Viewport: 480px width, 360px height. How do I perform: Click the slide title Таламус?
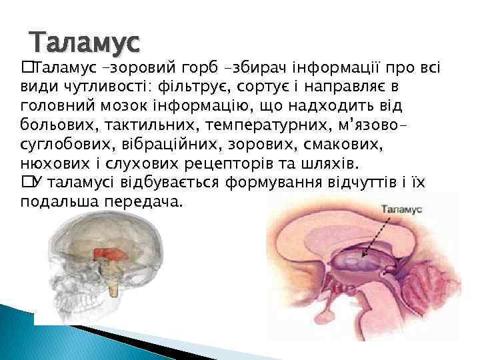tap(85, 43)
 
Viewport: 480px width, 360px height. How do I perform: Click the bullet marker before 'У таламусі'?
tap(26, 182)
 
